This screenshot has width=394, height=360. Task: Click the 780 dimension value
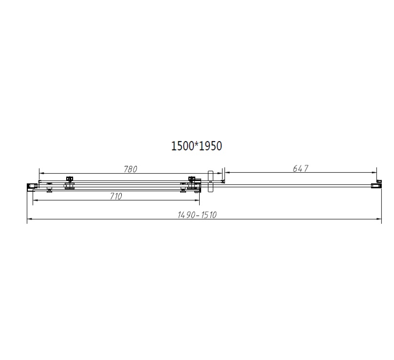(x=131, y=169)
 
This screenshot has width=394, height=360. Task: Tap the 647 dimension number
(x=300, y=168)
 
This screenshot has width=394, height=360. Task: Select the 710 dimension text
(x=116, y=196)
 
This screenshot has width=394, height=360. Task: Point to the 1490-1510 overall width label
(x=197, y=215)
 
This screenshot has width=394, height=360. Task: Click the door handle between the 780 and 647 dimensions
(x=210, y=181)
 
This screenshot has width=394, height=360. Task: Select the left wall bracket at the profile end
(x=32, y=186)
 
